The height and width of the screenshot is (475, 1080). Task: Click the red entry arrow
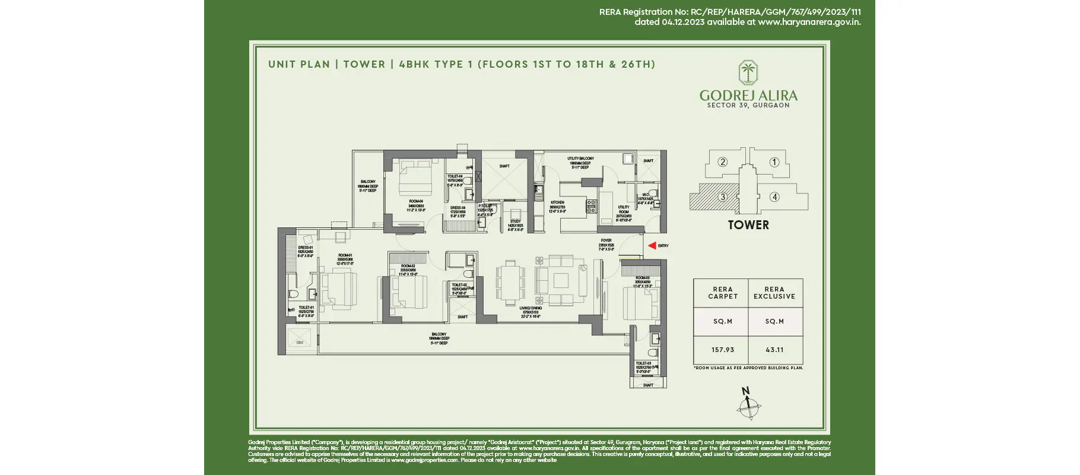[652, 245]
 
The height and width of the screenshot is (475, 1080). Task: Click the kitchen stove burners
[591, 206]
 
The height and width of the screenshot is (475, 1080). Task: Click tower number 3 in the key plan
[722, 197]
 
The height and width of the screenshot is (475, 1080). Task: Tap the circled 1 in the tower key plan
[774, 162]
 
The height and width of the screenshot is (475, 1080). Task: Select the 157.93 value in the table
[722, 350]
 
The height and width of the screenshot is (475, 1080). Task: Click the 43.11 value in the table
[774, 350]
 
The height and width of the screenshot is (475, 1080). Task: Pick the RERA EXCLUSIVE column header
[774, 293]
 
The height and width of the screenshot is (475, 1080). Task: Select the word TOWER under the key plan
[748, 225]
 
